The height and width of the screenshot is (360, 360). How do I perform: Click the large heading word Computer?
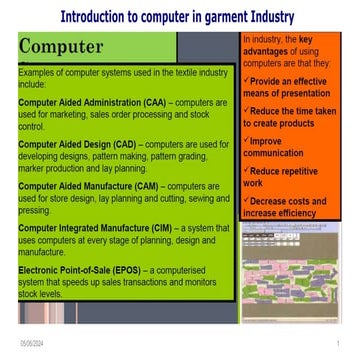click(61, 48)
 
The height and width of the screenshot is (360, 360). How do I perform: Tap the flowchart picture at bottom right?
click(291, 271)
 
